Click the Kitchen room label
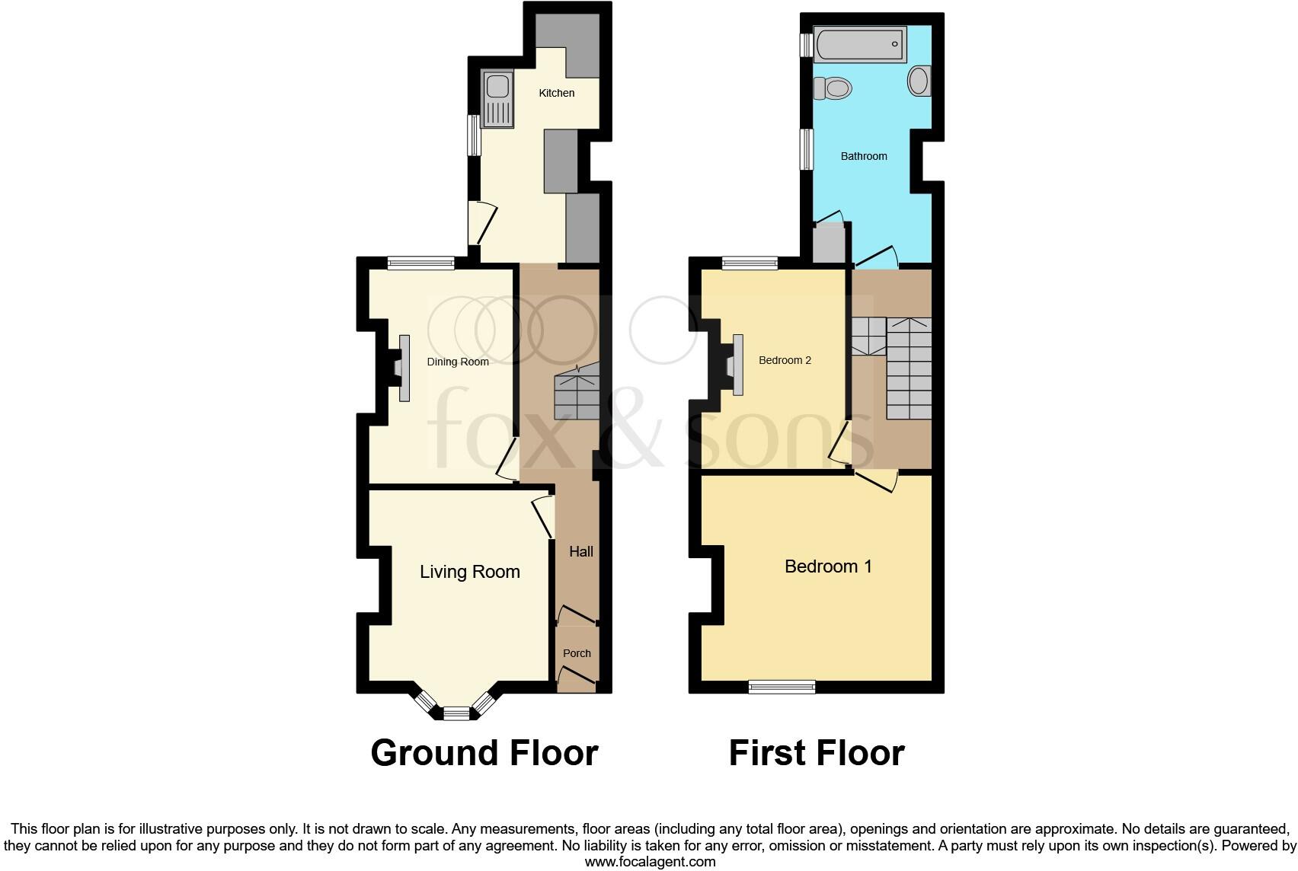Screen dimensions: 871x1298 pyautogui.click(x=556, y=93)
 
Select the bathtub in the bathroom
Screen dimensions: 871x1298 pyautogui.click(x=859, y=44)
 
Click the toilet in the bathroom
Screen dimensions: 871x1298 pyautogui.click(x=832, y=88)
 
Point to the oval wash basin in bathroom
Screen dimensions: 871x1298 pyautogui.click(x=919, y=81)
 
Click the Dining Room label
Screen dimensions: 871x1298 pyautogui.click(x=458, y=362)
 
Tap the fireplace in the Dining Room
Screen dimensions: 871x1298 pyautogui.click(x=401, y=368)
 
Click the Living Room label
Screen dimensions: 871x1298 pyautogui.click(x=469, y=572)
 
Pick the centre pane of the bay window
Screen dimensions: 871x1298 pyautogui.click(x=457, y=713)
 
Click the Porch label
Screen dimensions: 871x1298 pyautogui.click(x=577, y=653)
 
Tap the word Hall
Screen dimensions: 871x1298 pyautogui.click(x=580, y=551)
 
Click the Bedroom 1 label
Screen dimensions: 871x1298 pyautogui.click(x=828, y=566)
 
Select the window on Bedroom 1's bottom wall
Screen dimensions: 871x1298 pyautogui.click(x=782, y=687)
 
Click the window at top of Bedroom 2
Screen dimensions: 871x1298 pyautogui.click(x=750, y=263)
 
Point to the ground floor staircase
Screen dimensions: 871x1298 pyautogui.click(x=577, y=393)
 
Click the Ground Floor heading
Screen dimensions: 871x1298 pyautogui.click(x=484, y=753)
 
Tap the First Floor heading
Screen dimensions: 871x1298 pyautogui.click(x=816, y=753)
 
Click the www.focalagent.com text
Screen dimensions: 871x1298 pyautogui.click(x=650, y=862)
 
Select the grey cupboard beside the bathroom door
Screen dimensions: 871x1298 pyautogui.click(x=830, y=243)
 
